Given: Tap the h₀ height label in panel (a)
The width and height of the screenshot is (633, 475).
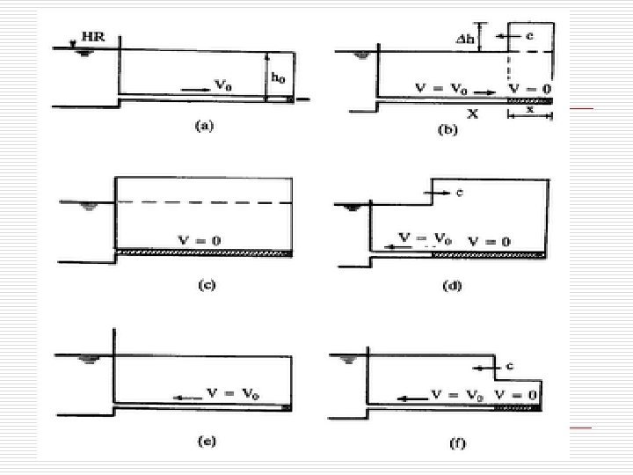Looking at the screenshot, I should (x=278, y=78).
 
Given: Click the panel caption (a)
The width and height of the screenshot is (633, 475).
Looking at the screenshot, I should (x=203, y=127).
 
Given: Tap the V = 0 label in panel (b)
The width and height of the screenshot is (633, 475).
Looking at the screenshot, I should (x=530, y=89).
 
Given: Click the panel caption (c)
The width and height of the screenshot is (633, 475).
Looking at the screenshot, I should (x=203, y=283).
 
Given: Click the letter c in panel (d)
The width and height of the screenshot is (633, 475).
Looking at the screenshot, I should (x=460, y=191).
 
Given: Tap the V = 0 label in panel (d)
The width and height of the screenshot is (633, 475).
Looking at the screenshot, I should (x=489, y=240).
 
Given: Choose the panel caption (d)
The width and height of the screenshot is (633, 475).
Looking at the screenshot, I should (x=453, y=285).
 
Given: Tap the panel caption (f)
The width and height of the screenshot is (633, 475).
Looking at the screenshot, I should (x=457, y=444).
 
